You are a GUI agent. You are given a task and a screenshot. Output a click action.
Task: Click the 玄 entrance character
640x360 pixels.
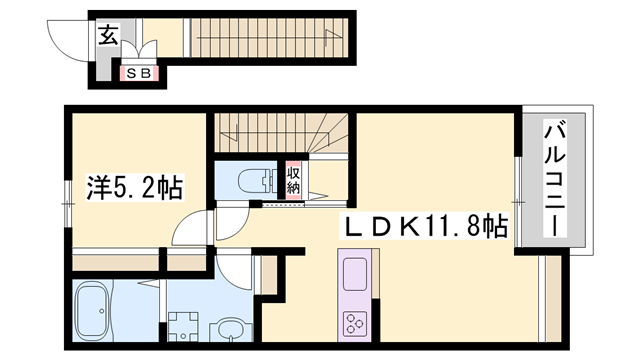[x=106, y=38]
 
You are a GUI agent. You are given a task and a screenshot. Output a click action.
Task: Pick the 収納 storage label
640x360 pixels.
[x=294, y=181]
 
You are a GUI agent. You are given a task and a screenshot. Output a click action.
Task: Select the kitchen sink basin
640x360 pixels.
[x=356, y=275]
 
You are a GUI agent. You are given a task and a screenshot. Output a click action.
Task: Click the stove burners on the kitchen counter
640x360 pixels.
[x=356, y=322]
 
